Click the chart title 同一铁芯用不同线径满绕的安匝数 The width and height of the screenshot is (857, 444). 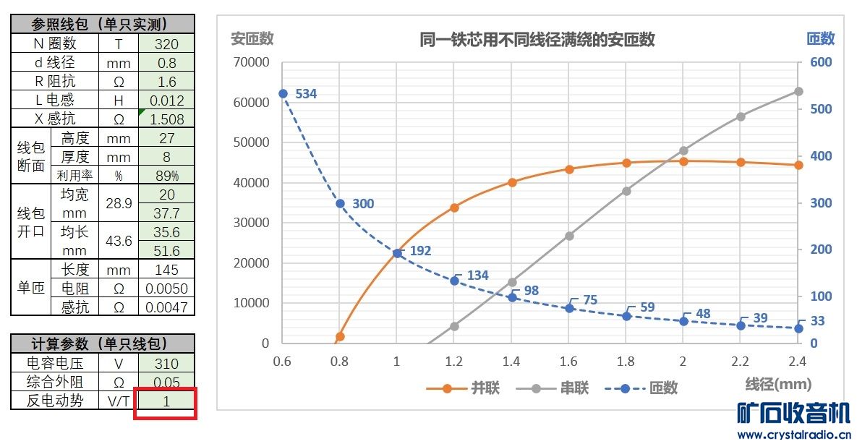[x=537, y=40]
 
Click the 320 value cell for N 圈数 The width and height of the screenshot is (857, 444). [x=166, y=44]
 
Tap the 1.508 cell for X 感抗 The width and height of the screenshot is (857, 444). [x=166, y=119]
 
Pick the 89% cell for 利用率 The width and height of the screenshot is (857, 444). [x=166, y=176]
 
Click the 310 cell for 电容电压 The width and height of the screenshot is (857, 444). [x=166, y=363]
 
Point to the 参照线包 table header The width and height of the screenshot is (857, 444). [x=103, y=24]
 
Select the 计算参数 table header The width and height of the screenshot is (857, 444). [x=103, y=343]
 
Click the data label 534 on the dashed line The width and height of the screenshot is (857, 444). [x=306, y=94]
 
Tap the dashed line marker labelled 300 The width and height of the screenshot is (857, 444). [x=340, y=203]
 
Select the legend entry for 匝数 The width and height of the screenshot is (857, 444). [x=648, y=388]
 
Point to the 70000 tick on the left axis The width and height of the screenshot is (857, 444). [x=252, y=62]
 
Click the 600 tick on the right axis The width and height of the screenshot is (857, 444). [x=821, y=62]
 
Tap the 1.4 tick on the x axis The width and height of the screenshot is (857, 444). [x=511, y=361]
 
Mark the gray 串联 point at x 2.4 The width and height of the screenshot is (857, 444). [x=798, y=91]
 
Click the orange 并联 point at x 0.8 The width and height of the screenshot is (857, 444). [x=340, y=336]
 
